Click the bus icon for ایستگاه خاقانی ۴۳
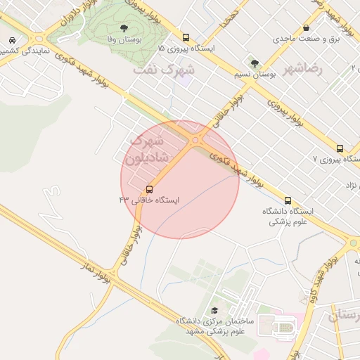(149, 189)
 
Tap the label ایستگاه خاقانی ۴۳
(149, 200)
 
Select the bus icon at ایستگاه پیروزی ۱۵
(186, 38)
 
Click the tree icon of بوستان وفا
(124, 29)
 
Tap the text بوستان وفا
(124, 40)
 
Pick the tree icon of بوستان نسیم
(254, 63)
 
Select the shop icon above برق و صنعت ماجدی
(306, 28)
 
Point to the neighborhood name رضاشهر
(303, 69)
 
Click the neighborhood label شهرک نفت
(165, 70)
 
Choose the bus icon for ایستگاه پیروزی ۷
(340, 148)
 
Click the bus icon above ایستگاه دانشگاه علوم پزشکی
(287, 200)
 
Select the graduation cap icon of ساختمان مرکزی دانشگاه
(214, 310)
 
